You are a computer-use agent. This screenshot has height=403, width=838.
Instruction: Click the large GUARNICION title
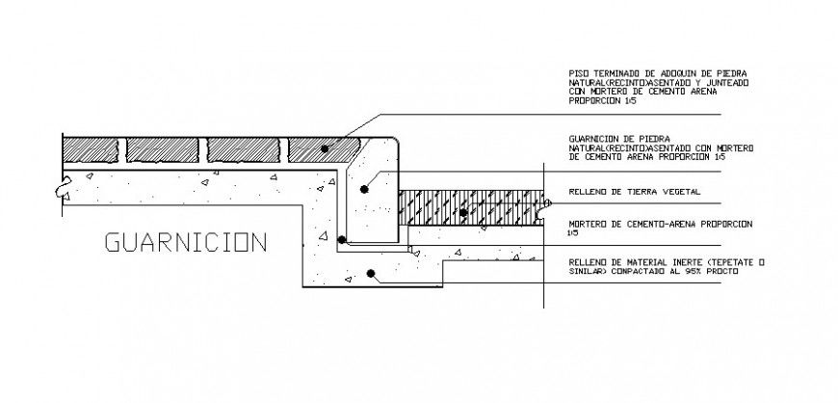(185, 242)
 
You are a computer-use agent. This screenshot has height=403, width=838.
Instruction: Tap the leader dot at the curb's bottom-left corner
(341, 238)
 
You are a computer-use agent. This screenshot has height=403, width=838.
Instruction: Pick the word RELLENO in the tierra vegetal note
(588, 192)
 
